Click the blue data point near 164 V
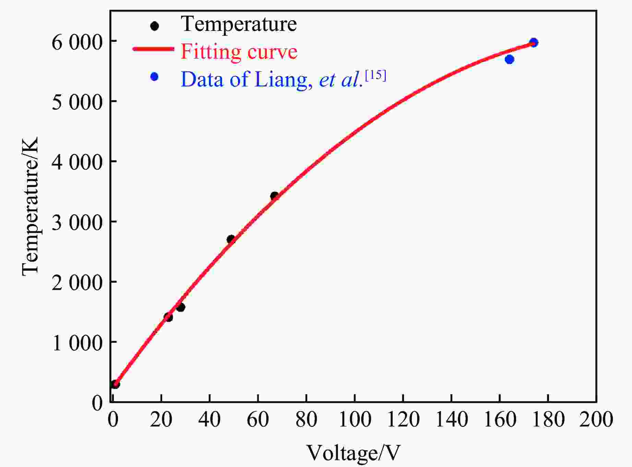pos(509,59)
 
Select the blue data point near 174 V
pos(534,43)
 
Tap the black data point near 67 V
pos(274,196)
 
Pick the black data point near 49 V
pos(231,239)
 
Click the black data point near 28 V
pos(181,307)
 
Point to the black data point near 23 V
pos(168,317)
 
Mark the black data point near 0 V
pos(115,384)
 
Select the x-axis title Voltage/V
pos(353,453)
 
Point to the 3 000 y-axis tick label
pos(77,223)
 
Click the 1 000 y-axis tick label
pos(77,343)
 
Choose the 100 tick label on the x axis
pos(355,419)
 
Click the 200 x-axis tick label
pos(596,419)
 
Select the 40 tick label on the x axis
pos(210,419)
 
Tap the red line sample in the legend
pos(153,49)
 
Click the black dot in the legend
pos(155,26)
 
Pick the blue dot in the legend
pos(154,77)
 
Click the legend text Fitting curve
pos(239,52)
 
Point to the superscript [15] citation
pos(375,75)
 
